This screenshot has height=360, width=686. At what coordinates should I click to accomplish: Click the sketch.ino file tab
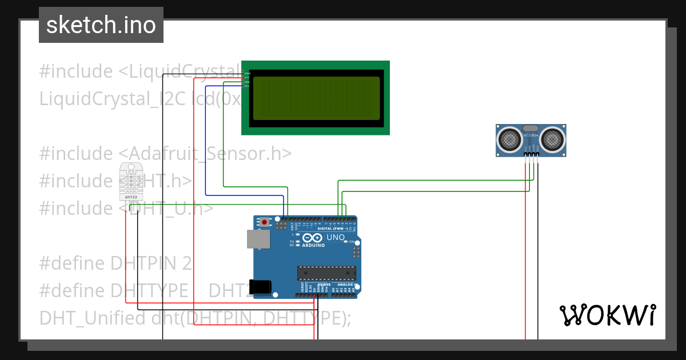coord(101,25)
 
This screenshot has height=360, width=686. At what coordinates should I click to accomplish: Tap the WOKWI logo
coord(607,315)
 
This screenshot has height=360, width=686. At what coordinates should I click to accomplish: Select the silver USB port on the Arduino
coord(258,239)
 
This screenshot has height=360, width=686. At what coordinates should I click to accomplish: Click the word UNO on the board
coord(335,237)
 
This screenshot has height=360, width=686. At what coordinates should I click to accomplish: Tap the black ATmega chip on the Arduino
coord(326,274)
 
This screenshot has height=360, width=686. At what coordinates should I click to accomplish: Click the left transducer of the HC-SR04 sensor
coord(509,138)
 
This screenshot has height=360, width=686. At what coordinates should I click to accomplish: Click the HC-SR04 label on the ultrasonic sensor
coord(531,135)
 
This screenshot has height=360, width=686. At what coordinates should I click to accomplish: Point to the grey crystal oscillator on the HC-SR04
coord(531,128)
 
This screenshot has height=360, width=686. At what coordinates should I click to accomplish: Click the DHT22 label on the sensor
coord(130,197)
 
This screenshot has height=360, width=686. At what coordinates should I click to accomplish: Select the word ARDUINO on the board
coord(313,245)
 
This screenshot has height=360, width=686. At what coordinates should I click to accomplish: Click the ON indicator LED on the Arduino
coord(346,242)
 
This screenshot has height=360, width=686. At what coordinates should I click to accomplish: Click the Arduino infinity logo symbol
coord(313,237)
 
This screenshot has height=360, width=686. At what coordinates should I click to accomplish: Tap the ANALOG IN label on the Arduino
coord(347,285)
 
